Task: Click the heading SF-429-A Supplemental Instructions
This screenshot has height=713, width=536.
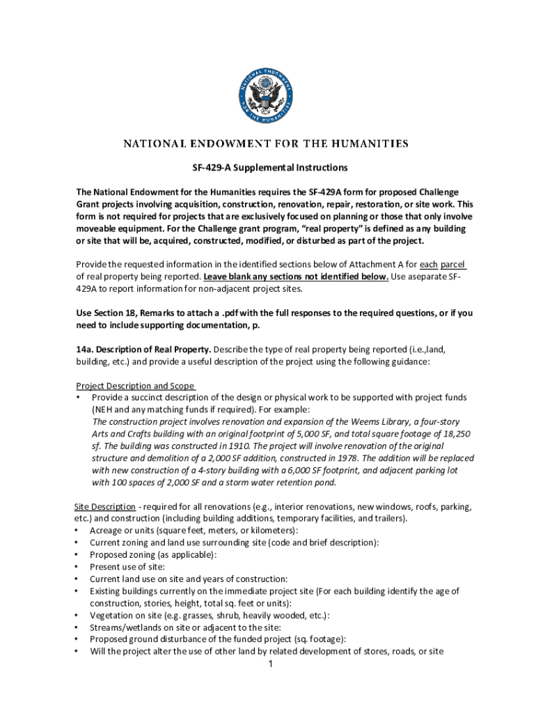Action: tap(269, 168)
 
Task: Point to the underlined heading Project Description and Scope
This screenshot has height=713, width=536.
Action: tap(135, 386)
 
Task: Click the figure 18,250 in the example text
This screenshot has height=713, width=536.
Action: tap(455, 434)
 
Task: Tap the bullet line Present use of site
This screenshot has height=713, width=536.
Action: tap(127, 567)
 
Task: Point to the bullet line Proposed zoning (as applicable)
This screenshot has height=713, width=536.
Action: tap(152, 555)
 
